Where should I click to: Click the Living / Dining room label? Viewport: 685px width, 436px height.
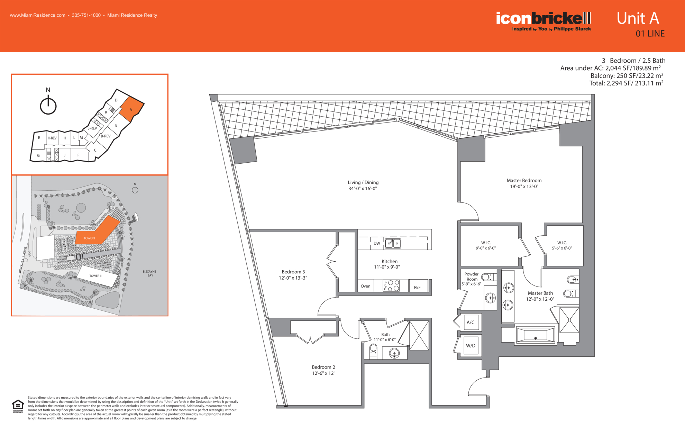[x=363, y=182]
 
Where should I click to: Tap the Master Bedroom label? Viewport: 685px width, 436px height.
[x=524, y=180]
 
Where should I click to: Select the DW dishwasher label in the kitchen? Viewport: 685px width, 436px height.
[x=377, y=243]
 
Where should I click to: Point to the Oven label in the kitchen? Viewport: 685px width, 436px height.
[x=365, y=286]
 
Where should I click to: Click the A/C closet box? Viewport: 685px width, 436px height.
[x=471, y=322]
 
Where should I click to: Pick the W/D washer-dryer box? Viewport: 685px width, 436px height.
[x=471, y=345]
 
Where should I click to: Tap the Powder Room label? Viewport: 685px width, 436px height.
[x=472, y=276]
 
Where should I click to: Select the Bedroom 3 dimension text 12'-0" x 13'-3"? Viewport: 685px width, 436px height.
[x=293, y=278]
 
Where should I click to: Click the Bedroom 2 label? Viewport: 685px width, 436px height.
[x=323, y=367]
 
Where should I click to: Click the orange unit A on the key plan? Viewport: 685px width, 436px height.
[x=131, y=109]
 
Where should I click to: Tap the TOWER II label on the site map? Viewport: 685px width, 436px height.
[x=95, y=276]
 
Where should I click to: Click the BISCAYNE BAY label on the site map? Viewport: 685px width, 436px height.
[x=149, y=273]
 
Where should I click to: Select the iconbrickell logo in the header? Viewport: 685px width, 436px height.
[x=544, y=21]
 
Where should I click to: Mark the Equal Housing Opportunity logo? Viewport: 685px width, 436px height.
[x=18, y=407]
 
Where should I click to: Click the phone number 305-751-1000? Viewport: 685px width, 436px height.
[x=86, y=15]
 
